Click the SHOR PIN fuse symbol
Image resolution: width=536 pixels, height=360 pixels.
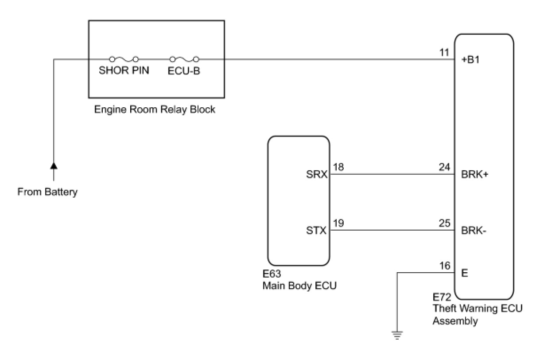[124, 59]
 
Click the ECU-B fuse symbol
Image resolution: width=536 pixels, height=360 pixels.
[184, 59]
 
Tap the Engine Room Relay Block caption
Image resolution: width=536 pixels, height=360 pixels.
[155, 110]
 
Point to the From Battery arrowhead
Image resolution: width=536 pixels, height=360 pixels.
[54, 166]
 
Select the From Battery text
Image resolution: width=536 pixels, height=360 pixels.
[47, 192]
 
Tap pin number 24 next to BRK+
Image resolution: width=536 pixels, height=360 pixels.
[445, 168]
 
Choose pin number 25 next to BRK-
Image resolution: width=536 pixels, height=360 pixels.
[445, 224]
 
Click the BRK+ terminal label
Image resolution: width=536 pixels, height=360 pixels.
[474, 175]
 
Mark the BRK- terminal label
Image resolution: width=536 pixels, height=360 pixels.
[473, 231]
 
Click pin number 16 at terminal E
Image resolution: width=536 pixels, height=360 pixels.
[445, 266]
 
